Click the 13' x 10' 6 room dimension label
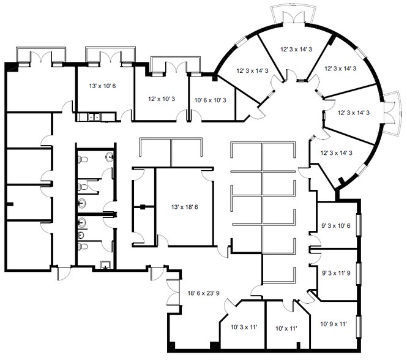pos(102,86)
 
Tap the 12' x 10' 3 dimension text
pos(162,99)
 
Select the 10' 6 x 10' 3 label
pos(211,100)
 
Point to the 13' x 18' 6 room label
pos(185,207)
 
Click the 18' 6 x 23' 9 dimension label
pos(203,293)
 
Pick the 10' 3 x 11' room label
pos(244,328)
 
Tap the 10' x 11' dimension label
pos(286,329)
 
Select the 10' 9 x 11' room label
pos(334,324)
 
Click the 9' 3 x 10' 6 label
pos(336,226)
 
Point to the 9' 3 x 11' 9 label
pos(336,273)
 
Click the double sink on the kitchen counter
pos(94,117)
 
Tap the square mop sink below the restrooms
pos(105,264)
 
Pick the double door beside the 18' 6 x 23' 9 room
pos(173,293)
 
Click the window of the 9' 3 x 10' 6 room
pos(359,225)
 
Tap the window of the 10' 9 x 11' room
pos(359,326)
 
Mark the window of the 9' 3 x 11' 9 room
pos(359,274)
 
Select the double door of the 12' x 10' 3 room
pos(176,67)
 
